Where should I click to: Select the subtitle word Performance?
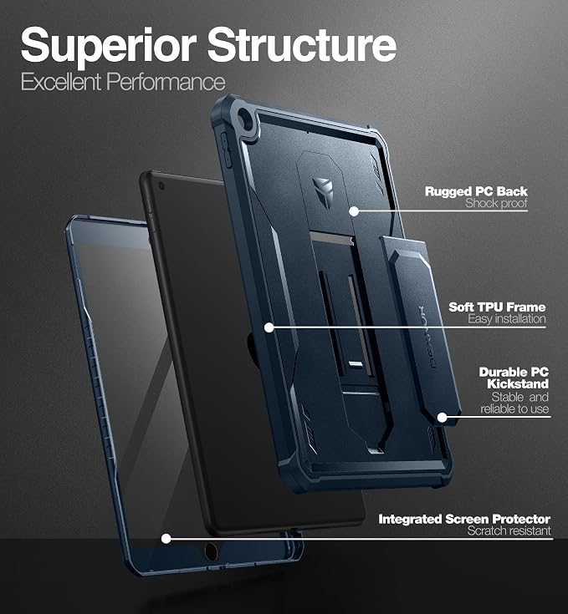click(166, 82)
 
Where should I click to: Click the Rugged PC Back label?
click(476, 191)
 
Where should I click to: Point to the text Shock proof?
click(496, 203)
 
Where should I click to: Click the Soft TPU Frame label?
click(497, 307)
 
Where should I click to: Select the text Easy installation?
click(506, 319)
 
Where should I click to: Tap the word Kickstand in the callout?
click(518, 383)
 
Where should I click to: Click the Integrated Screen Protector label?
click(464, 520)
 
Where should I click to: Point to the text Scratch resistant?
click(509, 530)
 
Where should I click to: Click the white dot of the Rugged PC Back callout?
click(354, 211)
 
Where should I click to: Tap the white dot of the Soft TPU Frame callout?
click(269, 327)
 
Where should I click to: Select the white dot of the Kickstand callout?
click(443, 418)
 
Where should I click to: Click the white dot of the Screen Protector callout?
click(166, 539)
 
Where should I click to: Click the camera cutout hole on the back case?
click(246, 118)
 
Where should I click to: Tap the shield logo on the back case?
click(323, 187)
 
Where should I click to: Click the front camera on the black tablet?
click(161, 185)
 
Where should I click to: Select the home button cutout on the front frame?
click(211, 551)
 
